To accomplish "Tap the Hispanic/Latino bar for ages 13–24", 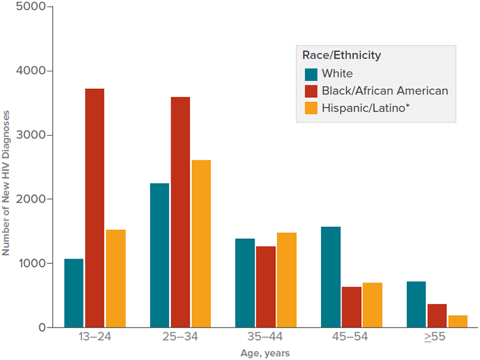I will [116, 278].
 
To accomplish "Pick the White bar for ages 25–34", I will [159, 255].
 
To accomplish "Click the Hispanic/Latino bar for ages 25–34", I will [201, 244].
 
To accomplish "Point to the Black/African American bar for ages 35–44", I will [266, 287].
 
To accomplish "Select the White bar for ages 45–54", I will [331, 277].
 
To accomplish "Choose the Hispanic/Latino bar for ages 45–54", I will [373, 305].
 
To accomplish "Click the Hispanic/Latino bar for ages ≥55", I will [458, 321].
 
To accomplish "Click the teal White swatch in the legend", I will [311, 74].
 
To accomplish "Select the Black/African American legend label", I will [385, 91].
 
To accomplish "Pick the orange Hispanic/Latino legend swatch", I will [311, 108].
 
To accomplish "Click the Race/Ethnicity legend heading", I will [341, 55].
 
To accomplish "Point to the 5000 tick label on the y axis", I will [26, 7].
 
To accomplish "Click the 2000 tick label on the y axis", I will [26, 199].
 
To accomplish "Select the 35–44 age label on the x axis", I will [266, 337].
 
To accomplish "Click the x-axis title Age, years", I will [265, 353].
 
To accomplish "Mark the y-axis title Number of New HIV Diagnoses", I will [6, 183].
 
